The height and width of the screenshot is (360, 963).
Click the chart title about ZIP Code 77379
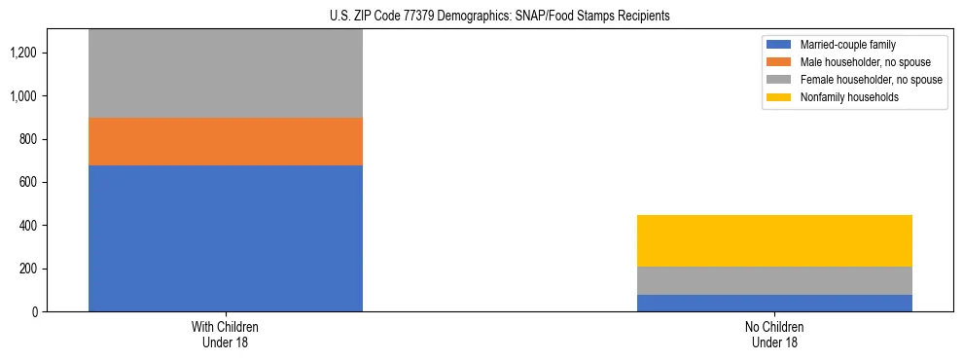coord(481,17)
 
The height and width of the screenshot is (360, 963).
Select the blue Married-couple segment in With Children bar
coord(226,238)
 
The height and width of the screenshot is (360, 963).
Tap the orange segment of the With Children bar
coord(226,142)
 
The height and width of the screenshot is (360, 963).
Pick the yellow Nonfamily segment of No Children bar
coord(774,240)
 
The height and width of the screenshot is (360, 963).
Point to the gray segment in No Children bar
coord(774,280)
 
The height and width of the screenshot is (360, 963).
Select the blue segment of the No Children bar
coord(774,303)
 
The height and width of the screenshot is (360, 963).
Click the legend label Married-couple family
coord(847,45)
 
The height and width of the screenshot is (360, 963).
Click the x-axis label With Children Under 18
coord(226,334)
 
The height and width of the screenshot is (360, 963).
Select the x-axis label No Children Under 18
coord(774,334)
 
